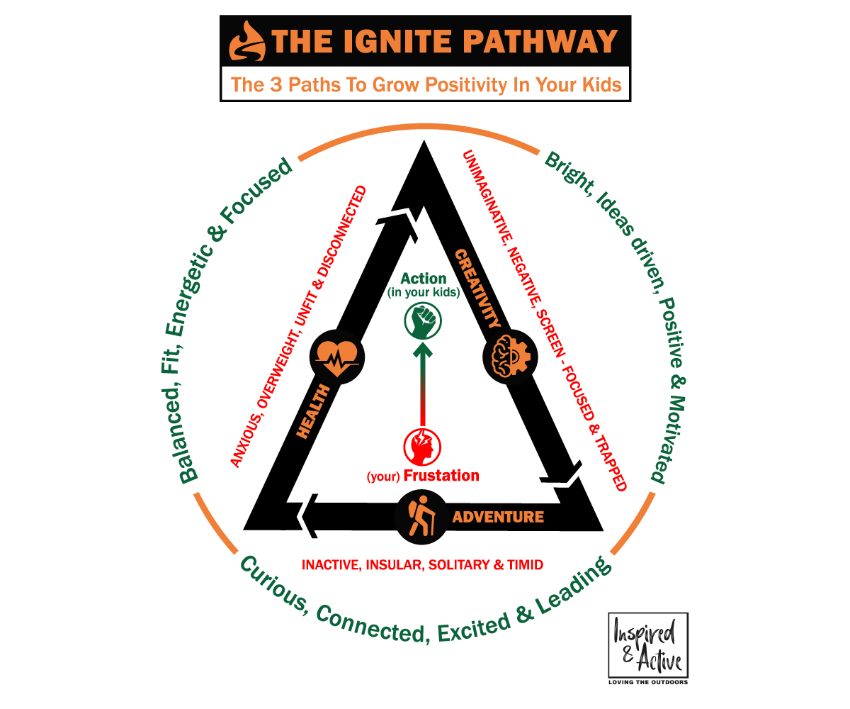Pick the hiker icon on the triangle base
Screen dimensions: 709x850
click(x=421, y=516)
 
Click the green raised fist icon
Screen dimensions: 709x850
click(x=422, y=322)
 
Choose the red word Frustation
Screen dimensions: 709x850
click(x=441, y=476)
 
